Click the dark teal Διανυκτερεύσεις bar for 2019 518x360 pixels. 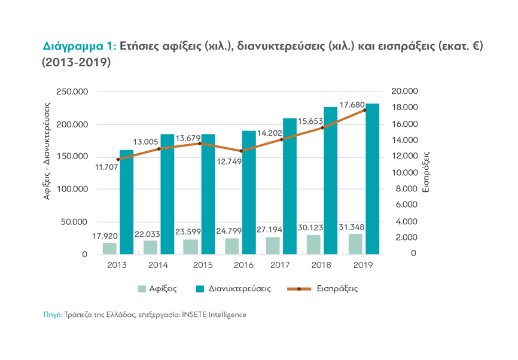click(x=372, y=179)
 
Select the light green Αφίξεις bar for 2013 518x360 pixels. click(x=109, y=248)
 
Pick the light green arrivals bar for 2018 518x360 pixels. click(x=314, y=244)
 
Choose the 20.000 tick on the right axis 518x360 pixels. click(x=405, y=91)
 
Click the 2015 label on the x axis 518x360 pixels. click(x=203, y=265)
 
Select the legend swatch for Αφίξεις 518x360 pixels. click(x=142, y=289)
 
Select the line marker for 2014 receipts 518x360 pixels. click(x=159, y=148)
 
